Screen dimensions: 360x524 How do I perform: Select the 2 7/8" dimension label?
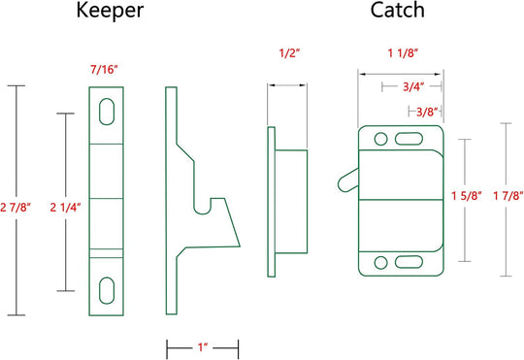point(16,208)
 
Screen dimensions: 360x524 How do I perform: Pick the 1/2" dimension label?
point(286,51)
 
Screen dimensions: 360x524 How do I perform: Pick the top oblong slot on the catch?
point(409,139)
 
